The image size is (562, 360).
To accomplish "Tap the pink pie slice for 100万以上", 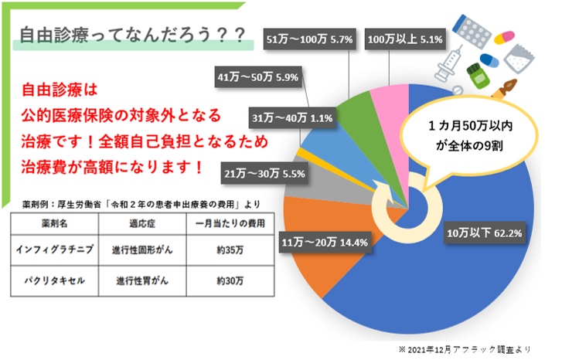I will tap(384, 100).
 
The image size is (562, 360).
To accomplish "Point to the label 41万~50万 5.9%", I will tap(259, 77).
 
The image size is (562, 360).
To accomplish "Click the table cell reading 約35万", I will tap(227, 250).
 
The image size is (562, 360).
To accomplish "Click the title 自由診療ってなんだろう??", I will tap(131, 35).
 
